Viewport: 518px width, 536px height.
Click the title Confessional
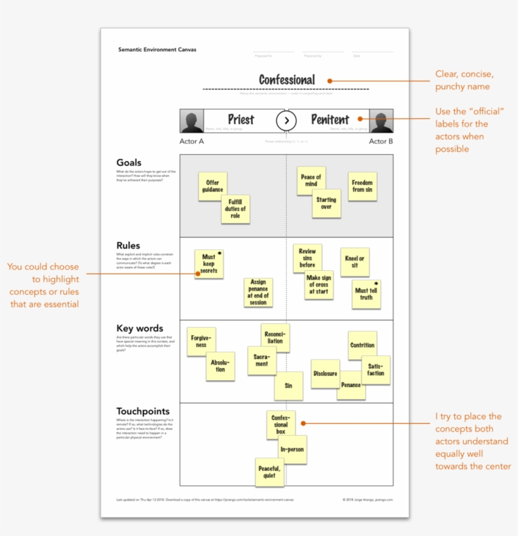287,80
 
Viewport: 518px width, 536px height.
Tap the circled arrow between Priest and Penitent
286,121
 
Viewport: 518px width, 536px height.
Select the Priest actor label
241,120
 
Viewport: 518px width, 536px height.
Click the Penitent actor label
330,120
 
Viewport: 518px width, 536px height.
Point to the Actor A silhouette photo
191,121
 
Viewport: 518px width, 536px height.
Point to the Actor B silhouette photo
381,121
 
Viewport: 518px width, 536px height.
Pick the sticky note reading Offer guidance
212,186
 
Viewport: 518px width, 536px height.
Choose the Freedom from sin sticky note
363,186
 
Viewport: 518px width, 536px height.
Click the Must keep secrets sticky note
209,264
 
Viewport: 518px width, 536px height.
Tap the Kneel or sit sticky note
354,262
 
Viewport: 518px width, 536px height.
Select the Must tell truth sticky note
366,294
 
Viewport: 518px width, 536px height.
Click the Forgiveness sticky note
201,342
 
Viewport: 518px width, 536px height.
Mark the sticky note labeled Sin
289,385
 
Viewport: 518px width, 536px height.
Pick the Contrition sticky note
362,345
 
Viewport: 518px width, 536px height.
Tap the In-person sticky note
292,450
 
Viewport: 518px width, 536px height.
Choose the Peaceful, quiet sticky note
270,472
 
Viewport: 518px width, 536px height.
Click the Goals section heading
129,163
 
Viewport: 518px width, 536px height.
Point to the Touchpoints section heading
143,412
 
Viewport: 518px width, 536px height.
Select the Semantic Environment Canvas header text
157,49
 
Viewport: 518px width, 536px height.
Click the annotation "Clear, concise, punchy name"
464,80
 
